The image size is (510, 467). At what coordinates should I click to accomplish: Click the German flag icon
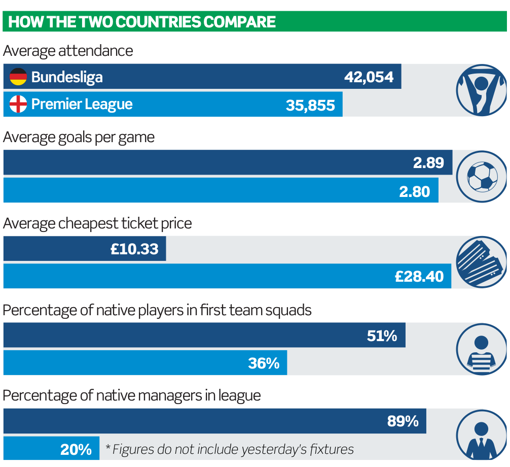click(x=18, y=77)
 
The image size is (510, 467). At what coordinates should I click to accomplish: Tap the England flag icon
click(x=18, y=105)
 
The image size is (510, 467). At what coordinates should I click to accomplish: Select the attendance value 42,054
click(x=369, y=77)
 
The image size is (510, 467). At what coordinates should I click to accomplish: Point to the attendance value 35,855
click(x=310, y=105)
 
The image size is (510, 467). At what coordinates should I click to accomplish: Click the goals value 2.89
click(x=428, y=162)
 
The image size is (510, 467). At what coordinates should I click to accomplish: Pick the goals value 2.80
click(x=414, y=191)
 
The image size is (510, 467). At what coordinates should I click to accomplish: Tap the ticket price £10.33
click(x=134, y=249)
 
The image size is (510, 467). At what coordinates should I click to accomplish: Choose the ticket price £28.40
click(x=419, y=277)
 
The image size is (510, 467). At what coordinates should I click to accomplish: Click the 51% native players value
click(x=382, y=336)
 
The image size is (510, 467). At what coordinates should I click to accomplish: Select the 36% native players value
click(x=264, y=363)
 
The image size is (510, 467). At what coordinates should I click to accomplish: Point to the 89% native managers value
click(x=403, y=421)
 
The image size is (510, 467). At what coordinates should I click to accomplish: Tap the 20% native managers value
click(x=76, y=450)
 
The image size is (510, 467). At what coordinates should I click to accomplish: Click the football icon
click(x=482, y=177)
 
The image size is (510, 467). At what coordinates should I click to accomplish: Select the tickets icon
click(x=482, y=262)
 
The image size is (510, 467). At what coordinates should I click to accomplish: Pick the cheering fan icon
click(x=482, y=90)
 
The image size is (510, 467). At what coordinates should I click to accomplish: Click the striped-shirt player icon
click(x=482, y=349)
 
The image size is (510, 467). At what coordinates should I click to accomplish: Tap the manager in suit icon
click(x=482, y=437)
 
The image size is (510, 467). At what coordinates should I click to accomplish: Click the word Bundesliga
click(x=67, y=77)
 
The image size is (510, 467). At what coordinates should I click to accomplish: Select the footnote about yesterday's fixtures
click(x=230, y=450)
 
